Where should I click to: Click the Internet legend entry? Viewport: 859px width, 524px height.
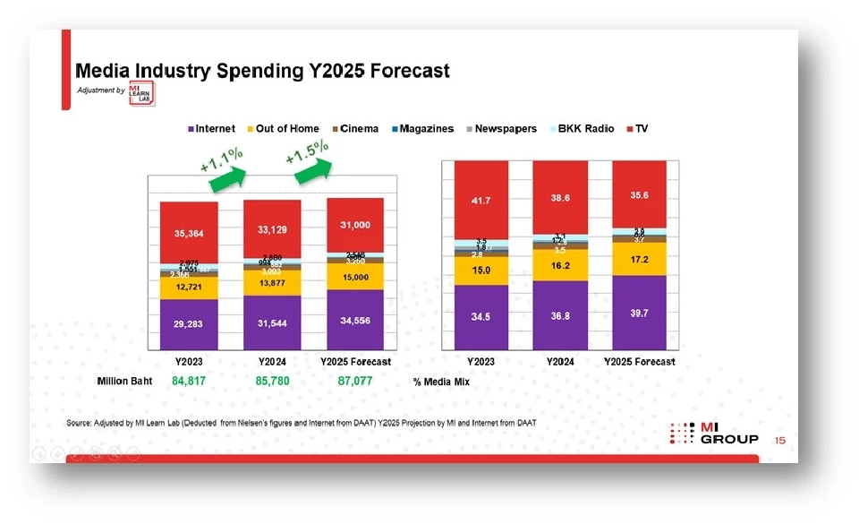[211, 129]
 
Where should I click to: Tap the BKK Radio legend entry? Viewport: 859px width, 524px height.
[581, 129]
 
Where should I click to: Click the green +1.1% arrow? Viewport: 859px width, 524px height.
[226, 178]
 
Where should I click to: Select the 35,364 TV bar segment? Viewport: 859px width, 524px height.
[189, 234]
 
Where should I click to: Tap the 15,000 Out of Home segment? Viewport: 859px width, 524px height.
[354, 277]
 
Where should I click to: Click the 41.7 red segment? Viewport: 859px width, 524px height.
[481, 202]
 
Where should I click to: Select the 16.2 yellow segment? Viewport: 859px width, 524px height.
[559, 265]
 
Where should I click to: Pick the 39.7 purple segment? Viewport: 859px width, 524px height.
[638, 312]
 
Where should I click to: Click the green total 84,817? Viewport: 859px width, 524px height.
[189, 382]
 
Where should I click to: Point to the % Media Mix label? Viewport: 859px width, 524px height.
[441, 382]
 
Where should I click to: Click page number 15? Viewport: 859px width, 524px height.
[780, 441]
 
